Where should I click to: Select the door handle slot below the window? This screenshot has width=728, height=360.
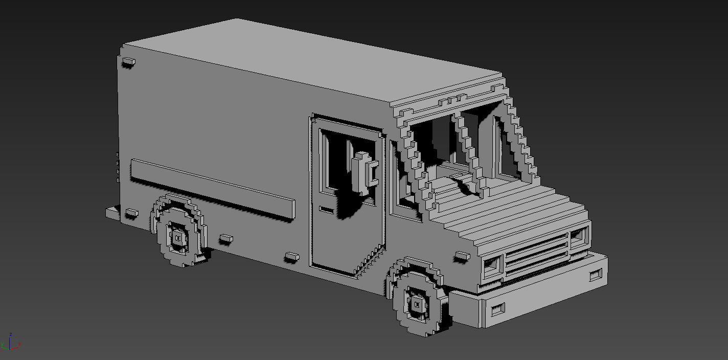(x=326, y=209)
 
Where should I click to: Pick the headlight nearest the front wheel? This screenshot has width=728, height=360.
(x=491, y=265)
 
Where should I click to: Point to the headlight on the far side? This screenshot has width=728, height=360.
(x=579, y=235)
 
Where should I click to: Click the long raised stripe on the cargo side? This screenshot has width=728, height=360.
(x=212, y=189)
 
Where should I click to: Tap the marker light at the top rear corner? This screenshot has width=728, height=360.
(x=128, y=62)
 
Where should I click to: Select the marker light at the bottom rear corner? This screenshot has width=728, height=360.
(x=131, y=212)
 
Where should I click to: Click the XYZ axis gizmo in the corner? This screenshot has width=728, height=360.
(x=10, y=344)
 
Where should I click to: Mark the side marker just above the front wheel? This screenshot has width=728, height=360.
(x=462, y=255)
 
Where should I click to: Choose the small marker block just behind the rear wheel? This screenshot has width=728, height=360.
(x=225, y=238)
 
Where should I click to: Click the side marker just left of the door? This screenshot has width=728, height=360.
(x=291, y=256)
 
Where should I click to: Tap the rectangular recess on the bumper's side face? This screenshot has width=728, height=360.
(x=497, y=309)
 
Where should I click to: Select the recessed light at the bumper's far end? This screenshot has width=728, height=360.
(x=596, y=275)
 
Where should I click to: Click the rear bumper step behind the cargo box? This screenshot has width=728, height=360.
(x=112, y=213)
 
